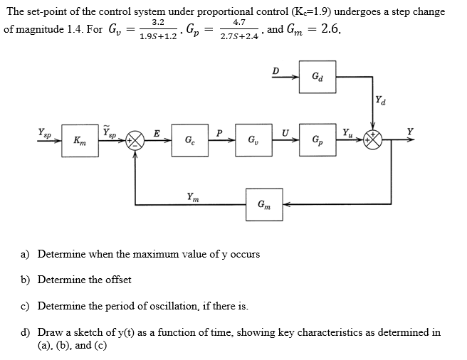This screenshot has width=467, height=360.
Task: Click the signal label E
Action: [x=156, y=131]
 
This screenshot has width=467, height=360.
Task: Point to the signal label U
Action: [x=285, y=131]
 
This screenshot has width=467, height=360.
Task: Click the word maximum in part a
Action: [x=136, y=254]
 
